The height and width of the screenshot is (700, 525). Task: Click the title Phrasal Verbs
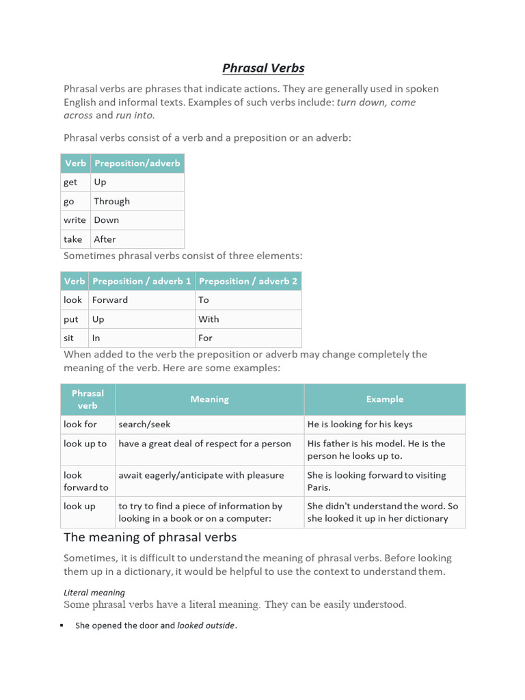tap(263, 68)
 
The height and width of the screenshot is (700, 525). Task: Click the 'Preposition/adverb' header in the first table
tap(137, 163)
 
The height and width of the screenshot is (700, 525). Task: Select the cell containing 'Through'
tap(111, 201)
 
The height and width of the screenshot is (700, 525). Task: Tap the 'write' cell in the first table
tap(75, 220)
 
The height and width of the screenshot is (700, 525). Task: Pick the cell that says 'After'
tap(105, 239)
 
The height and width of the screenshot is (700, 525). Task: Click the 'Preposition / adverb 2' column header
tap(247, 281)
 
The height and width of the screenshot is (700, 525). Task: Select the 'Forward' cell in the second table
tap(110, 300)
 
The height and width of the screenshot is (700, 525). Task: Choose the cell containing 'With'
tap(208, 319)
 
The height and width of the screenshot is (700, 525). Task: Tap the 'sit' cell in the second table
tap(69, 338)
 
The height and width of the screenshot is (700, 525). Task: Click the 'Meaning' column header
tap(209, 399)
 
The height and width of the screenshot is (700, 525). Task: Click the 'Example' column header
tap(384, 399)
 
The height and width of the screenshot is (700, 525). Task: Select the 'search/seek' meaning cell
tap(144, 425)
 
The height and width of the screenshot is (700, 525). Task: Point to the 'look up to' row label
tap(85, 444)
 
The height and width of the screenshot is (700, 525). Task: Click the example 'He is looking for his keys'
tap(360, 425)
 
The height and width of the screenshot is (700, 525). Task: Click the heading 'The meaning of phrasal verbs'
tap(150, 537)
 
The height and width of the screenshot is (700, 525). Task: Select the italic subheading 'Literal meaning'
tap(94, 593)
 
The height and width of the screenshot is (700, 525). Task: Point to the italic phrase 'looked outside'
tap(206, 625)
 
